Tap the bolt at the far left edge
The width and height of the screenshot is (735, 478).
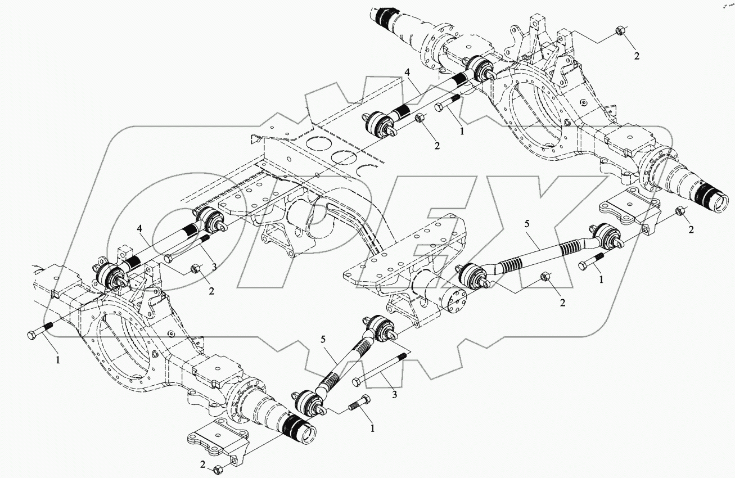(x=38, y=332)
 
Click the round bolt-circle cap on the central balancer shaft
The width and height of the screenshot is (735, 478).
(x=455, y=304)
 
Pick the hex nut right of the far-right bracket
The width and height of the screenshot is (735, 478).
(x=680, y=211)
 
